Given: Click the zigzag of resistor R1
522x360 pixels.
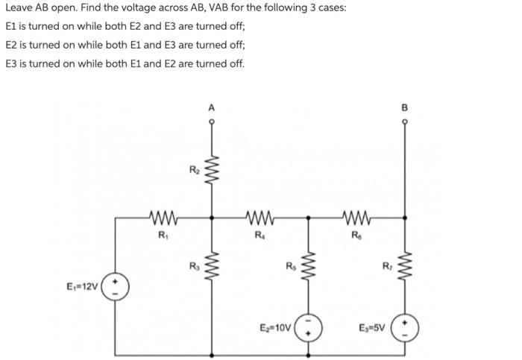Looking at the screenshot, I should pyautogui.click(x=163, y=218).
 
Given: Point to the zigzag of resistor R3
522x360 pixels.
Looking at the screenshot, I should pyautogui.click(x=213, y=267).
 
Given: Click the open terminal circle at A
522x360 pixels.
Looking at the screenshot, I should pyautogui.click(x=213, y=124).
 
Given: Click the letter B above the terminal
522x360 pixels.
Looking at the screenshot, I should pyautogui.click(x=406, y=108).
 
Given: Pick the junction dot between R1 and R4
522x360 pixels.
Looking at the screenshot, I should pyautogui.click(x=213, y=218).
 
